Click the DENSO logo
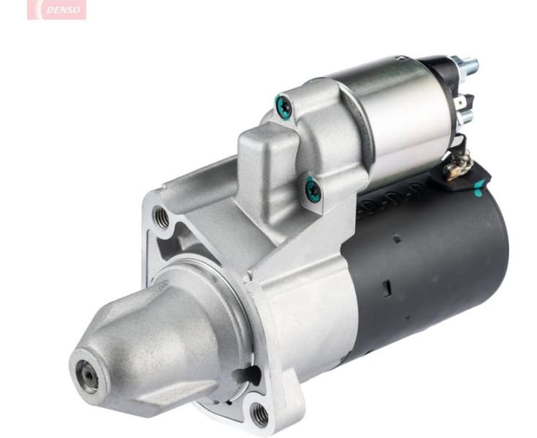coord(56,9)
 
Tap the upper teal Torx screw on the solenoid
coord(283,108)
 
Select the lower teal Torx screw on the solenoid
coord(312,190)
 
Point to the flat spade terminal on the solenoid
coord(464,102)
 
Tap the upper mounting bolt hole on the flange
coord(161,217)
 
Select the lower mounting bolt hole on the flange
coord(260,415)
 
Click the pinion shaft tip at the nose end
coord(89,375)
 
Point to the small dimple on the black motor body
coord(396,239)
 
